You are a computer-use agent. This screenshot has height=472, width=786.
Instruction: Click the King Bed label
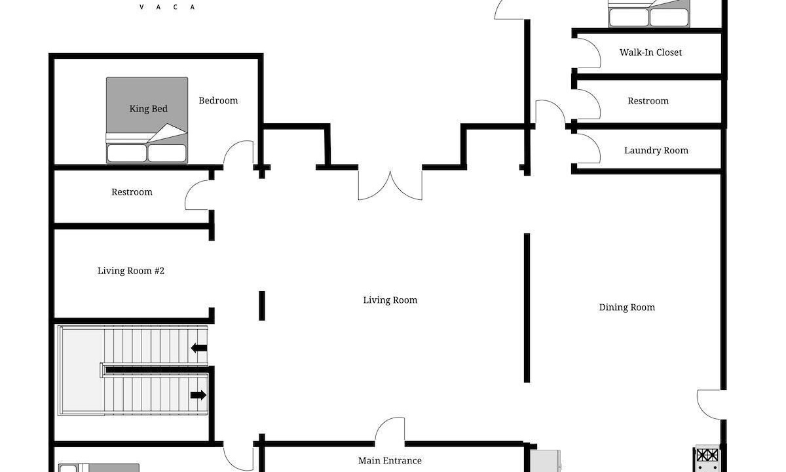[x=149, y=109]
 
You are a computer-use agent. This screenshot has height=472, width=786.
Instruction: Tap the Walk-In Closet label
[x=650, y=52]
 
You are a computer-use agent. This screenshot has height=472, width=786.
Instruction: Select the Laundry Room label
[x=656, y=150]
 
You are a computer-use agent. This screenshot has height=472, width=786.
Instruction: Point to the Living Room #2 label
[x=131, y=271]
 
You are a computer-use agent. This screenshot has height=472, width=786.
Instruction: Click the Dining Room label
[x=627, y=307]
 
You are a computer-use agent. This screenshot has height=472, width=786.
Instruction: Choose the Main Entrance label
[x=390, y=460]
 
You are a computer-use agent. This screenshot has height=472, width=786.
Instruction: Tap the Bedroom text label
[x=218, y=100]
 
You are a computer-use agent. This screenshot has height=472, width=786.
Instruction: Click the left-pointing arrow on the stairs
[x=199, y=348]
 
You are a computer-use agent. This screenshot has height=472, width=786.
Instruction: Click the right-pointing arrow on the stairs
[x=198, y=395]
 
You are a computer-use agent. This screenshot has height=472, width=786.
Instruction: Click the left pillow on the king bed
[x=126, y=153]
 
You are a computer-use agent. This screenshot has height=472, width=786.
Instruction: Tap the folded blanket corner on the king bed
[x=168, y=132]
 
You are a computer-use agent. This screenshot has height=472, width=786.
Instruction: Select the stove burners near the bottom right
[x=707, y=456]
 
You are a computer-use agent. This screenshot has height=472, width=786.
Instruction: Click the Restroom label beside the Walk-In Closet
[x=648, y=101]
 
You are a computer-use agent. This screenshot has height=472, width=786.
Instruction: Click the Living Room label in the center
[x=390, y=300]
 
